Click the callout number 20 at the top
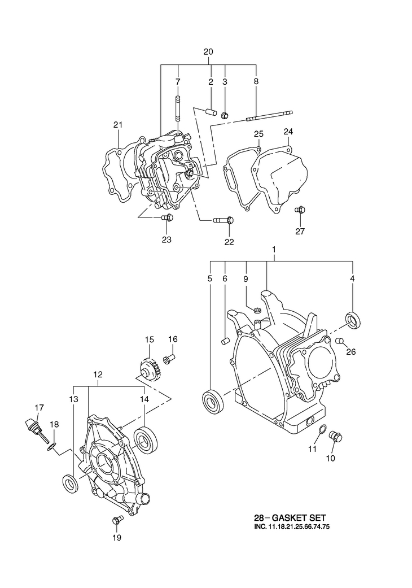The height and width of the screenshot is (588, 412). (208, 52)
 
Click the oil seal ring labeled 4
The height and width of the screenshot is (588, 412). (353, 320)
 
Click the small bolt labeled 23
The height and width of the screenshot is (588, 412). (167, 217)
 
